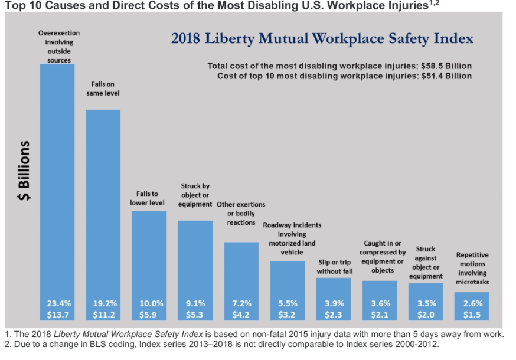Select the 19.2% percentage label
pos(103,304)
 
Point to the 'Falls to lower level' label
pos(148,198)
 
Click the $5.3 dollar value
pos(195,315)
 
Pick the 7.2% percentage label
pos(241,304)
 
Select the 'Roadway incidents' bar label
pos(288,238)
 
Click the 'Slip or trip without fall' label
pos(334,266)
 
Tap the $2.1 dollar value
pos(380,315)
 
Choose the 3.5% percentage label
pos(426,304)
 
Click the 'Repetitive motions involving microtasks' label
pos(472,269)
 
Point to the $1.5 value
pos(472,315)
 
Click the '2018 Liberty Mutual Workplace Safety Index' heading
pos(322,40)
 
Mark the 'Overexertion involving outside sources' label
pos(58,47)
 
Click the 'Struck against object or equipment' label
pos(426,263)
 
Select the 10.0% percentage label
pos(149,304)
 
